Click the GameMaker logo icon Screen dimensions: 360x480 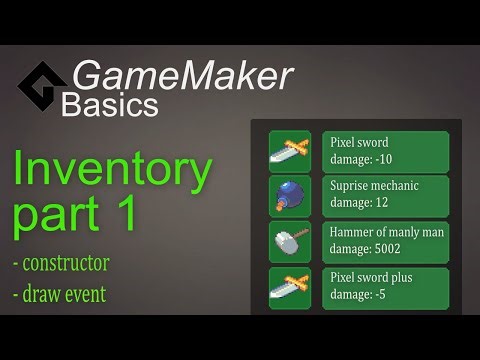[x=42, y=87]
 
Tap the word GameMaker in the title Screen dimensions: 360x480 [x=182, y=76]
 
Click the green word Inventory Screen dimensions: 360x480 [x=112, y=171]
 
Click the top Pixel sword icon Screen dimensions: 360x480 [x=290, y=152]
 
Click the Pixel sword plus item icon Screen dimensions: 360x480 [x=290, y=288]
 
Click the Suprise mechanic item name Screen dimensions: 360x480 [x=374, y=187]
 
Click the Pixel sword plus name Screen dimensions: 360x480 [x=371, y=277]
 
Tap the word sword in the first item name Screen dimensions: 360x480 [x=374, y=142]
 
